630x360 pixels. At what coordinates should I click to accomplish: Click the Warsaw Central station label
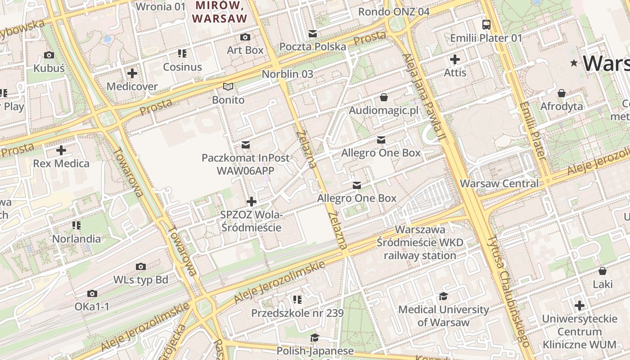(x=499, y=184)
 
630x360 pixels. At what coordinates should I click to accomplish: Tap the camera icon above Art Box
(x=245, y=37)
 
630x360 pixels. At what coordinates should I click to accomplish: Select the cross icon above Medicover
(x=132, y=73)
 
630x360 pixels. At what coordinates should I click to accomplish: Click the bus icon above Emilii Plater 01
(x=486, y=24)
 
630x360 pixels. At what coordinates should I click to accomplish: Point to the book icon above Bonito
(x=229, y=86)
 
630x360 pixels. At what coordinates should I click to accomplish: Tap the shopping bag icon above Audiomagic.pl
(x=384, y=97)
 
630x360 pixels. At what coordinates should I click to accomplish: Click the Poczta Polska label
(x=313, y=47)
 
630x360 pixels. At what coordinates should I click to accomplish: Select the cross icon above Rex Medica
(x=61, y=150)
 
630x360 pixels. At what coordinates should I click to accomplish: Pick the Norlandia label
(x=76, y=238)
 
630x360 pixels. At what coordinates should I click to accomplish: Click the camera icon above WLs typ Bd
(x=141, y=266)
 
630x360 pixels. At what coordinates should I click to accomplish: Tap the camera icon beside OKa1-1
(x=92, y=294)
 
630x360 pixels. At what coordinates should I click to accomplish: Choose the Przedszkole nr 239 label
(x=297, y=313)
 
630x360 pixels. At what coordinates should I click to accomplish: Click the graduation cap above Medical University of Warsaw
(x=443, y=296)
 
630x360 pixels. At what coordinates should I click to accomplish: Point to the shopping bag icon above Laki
(x=603, y=271)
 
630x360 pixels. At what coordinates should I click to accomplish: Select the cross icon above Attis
(x=455, y=59)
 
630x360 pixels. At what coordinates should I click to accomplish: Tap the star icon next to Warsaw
(x=574, y=63)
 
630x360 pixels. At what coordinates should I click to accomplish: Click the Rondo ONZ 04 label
(x=394, y=12)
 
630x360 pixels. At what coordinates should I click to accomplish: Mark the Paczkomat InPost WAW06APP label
(x=245, y=164)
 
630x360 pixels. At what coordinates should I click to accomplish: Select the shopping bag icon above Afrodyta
(x=562, y=93)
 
